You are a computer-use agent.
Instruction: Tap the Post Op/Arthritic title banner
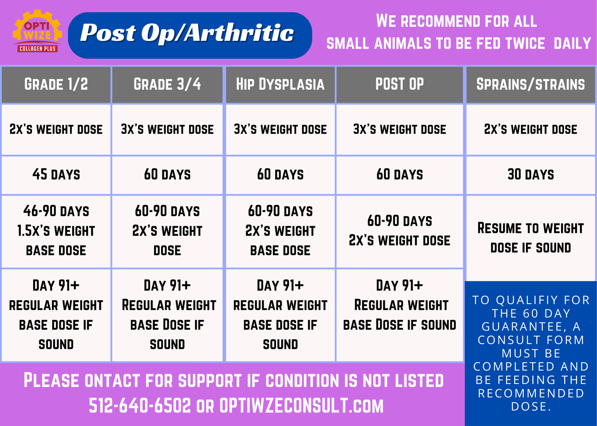pyautogui.click(x=190, y=35)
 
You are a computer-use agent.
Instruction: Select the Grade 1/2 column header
pyautogui.click(x=56, y=84)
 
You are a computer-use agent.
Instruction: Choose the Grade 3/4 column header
pyautogui.click(x=167, y=84)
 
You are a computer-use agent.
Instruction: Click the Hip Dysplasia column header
pyautogui.click(x=280, y=84)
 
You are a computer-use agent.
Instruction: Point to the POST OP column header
pyautogui.click(x=399, y=84)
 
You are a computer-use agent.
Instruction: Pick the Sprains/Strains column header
pyautogui.click(x=530, y=84)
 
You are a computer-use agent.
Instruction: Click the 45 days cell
pyautogui.click(x=56, y=175)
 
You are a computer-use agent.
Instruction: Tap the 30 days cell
pyautogui.click(x=530, y=175)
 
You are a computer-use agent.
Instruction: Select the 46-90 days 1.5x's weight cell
pyautogui.click(x=56, y=231)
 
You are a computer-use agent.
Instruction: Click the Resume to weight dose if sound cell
pyautogui.click(x=530, y=238)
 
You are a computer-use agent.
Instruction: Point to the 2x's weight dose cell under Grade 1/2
pyautogui.click(x=56, y=130)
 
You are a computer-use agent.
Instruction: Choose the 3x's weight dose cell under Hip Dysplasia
pyautogui.click(x=280, y=130)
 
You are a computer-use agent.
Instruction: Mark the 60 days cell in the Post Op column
pyautogui.click(x=399, y=175)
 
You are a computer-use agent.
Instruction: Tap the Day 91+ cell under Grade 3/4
pyautogui.click(x=167, y=315)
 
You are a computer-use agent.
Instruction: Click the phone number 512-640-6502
pyautogui.click(x=140, y=406)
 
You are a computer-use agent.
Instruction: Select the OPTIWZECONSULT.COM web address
pyautogui.click(x=301, y=406)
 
